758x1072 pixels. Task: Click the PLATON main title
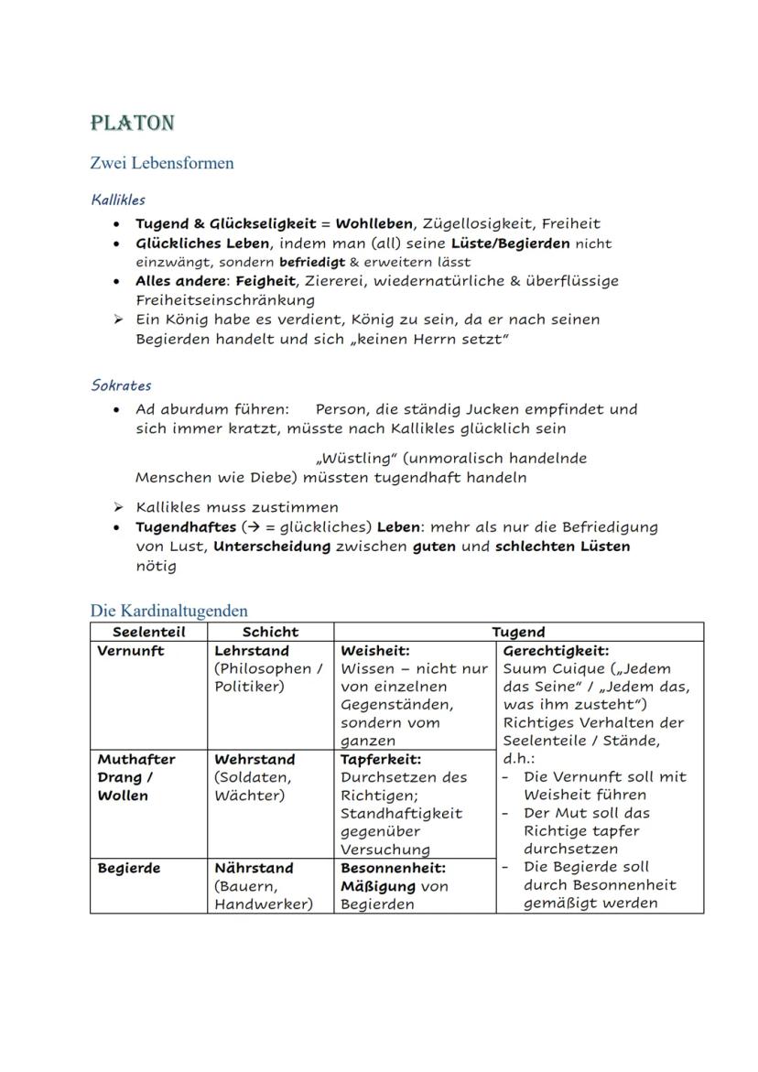[x=133, y=123]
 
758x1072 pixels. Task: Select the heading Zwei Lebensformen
[x=162, y=163]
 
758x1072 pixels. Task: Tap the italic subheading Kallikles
[x=118, y=199]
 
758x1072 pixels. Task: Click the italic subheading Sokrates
[x=121, y=385]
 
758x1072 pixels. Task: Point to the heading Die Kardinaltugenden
[x=168, y=610]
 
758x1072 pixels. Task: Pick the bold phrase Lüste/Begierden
[x=510, y=244]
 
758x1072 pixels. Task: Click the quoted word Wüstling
[x=355, y=458]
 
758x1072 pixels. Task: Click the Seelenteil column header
[x=148, y=632]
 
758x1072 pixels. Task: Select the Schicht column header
[x=270, y=632]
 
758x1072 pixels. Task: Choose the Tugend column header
[x=518, y=632]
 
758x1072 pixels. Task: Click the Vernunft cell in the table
[x=131, y=651]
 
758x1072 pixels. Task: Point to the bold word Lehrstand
[x=251, y=651]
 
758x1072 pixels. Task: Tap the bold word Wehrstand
[x=254, y=759]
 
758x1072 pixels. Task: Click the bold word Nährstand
[x=254, y=868]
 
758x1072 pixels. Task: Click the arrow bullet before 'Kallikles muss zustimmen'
[x=118, y=507]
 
